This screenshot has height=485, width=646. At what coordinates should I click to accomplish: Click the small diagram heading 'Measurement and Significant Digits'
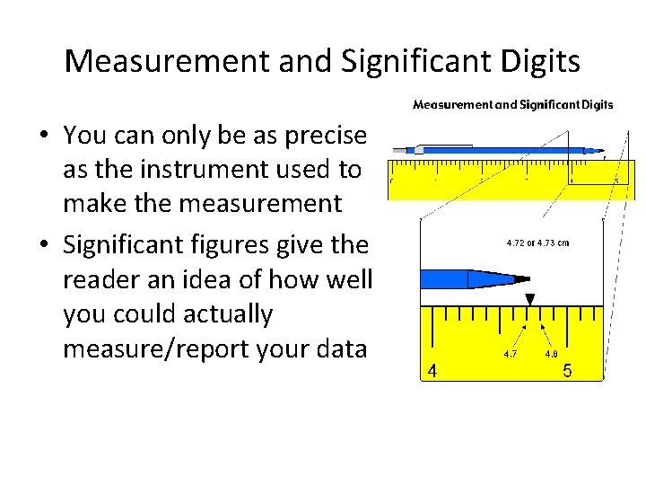pos(512,104)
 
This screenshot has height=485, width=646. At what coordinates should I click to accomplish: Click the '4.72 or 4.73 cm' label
pos(537,242)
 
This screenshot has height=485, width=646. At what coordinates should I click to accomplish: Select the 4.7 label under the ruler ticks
pos(509,354)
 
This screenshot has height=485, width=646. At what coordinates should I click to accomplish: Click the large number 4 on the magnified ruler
pos(432,371)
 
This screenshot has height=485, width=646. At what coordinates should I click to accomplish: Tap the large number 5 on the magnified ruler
pos(567,370)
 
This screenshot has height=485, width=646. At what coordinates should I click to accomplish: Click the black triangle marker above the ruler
pos(530,299)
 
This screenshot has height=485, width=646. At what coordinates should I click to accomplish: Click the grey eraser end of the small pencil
pos(420,148)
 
